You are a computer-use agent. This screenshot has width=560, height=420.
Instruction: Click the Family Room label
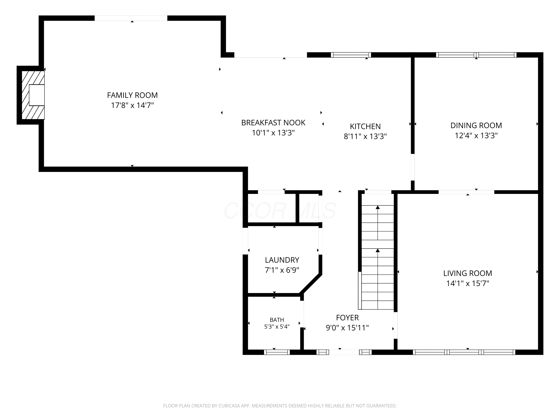[x=132, y=95]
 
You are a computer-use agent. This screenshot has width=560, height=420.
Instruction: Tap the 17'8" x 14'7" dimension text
[x=132, y=105]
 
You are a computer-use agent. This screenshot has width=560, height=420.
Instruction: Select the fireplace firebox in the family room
[x=37, y=95]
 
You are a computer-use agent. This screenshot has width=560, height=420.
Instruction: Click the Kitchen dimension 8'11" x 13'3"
[x=365, y=136]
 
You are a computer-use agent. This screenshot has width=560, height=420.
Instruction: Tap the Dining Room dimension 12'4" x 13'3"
[x=476, y=136]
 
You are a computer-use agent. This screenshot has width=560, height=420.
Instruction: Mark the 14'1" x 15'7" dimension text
[x=467, y=283]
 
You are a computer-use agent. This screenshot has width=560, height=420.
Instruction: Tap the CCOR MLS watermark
[x=280, y=210]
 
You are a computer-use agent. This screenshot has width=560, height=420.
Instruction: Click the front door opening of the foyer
[x=344, y=352]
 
